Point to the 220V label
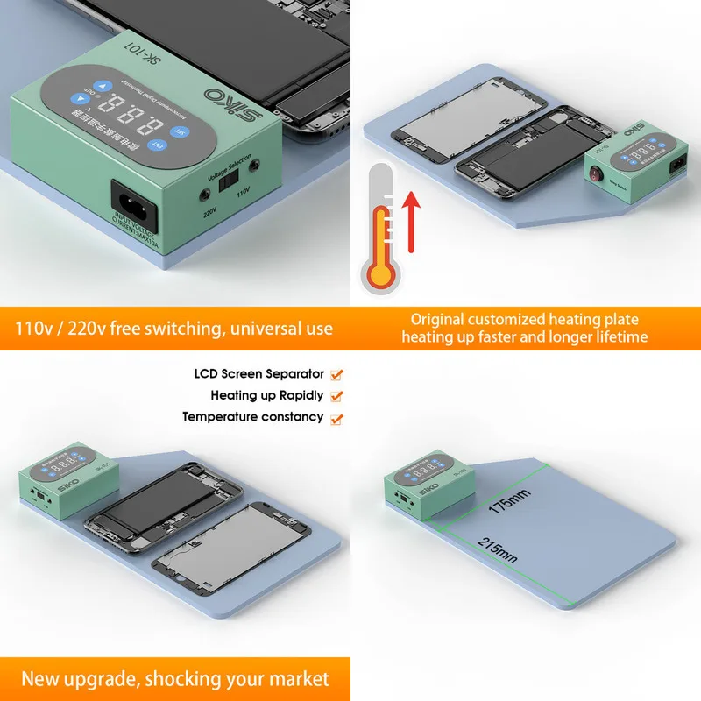pos(210,211)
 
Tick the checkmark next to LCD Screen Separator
pos(337,375)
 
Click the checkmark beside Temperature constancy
pos(337,419)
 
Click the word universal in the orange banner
pos(252,329)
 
